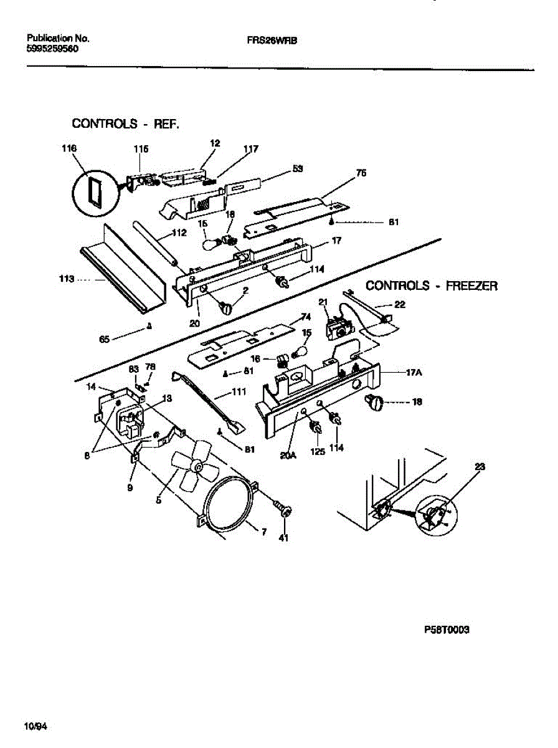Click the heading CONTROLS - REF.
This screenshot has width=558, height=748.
(126, 123)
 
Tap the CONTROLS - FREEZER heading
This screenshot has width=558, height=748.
(431, 285)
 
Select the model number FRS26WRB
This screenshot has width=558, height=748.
(272, 39)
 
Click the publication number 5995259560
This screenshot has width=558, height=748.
(52, 48)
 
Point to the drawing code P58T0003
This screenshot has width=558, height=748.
(447, 630)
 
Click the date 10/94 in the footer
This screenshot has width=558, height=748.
(35, 726)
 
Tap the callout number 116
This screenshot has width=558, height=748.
(69, 148)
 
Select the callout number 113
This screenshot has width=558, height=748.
(67, 279)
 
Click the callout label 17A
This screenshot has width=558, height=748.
(415, 372)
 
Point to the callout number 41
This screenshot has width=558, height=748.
(283, 539)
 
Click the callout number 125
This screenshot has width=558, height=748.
(318, 451)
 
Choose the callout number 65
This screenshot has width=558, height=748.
(105, 339)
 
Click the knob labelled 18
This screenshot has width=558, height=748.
(376, 403)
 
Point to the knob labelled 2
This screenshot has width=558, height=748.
(225, 307)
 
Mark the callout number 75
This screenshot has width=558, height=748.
(361, 175)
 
